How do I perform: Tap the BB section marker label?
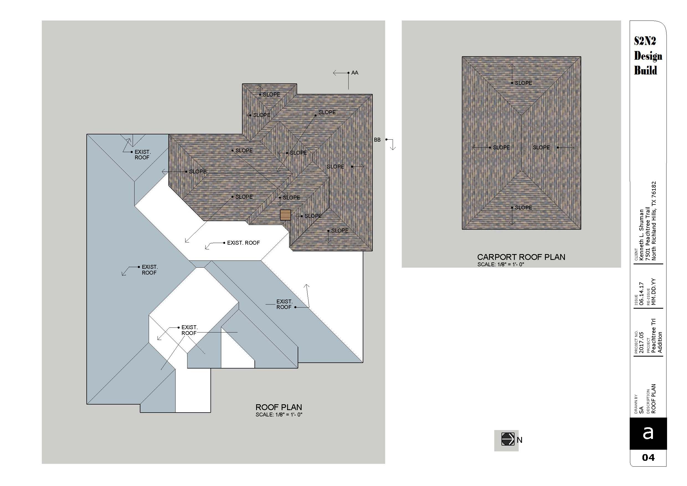point(377,140)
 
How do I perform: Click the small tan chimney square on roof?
point(285,215)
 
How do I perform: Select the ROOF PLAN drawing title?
point(279,407)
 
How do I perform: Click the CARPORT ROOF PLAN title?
point(521,257)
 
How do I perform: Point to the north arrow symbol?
point(508,439)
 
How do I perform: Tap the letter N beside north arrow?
point(519,440)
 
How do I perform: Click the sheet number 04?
point(648,457)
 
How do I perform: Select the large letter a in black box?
point(648,433)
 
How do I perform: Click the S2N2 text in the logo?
point(645,41)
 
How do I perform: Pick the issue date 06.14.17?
point(641,293)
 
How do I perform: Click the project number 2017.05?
point(641,342)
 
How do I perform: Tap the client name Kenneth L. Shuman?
point(641,234)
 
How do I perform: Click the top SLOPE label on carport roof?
point(523,83)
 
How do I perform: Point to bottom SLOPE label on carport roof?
point(523,208)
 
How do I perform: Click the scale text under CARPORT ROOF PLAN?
point(501,264)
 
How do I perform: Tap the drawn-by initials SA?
point(641,410)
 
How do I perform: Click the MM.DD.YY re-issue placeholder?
point(653,292)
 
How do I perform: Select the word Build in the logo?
point(645,71)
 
